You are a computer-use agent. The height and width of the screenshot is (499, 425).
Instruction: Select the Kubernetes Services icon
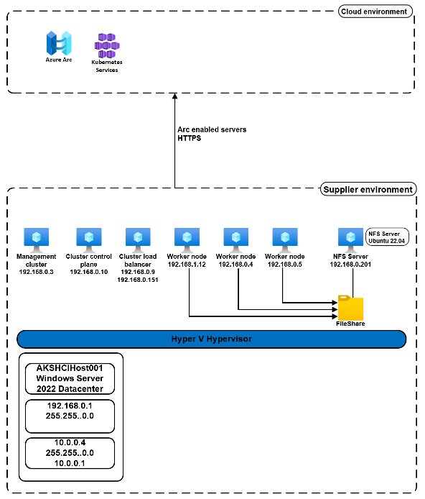coord(106,47)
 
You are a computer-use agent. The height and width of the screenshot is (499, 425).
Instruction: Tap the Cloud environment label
coord(375,12)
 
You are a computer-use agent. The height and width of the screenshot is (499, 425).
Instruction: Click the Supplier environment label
coord(368,190)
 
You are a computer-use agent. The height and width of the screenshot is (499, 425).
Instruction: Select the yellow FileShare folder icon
coord(351,308)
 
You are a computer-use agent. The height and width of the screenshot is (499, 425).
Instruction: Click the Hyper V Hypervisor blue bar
coord(212,339)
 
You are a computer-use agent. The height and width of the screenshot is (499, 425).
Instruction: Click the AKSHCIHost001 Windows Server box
coord(70,378)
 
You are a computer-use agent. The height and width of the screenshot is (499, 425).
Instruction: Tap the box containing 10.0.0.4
coord(70,452)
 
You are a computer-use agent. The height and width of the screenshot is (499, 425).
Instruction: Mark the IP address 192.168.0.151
coord(138,280)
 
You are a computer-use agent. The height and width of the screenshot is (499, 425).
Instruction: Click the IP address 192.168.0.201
coord(350,265)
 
